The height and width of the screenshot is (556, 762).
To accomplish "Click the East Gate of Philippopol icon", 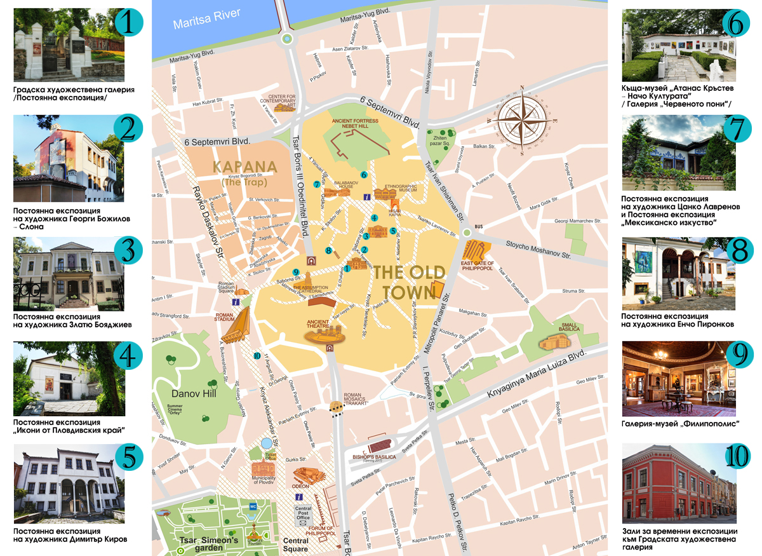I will tap(478, 252).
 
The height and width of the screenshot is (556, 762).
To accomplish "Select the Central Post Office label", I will tap(304, 513).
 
